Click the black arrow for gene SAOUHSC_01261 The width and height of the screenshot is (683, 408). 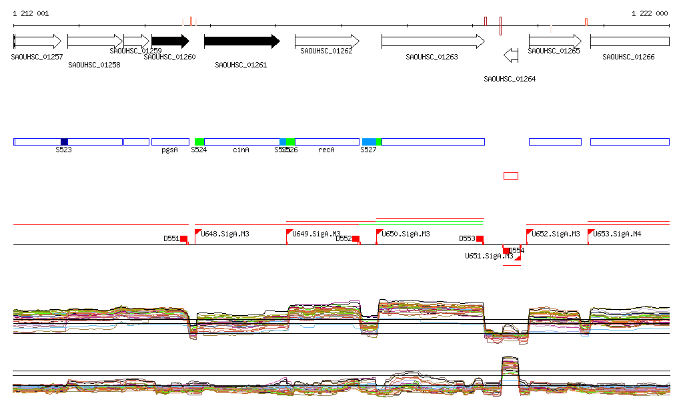(x=241, y=41)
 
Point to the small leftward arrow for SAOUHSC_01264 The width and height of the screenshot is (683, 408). (x=511, y=54)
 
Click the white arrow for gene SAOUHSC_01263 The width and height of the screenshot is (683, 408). (x=433, y=41)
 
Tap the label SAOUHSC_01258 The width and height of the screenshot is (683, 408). (x=94, y=65)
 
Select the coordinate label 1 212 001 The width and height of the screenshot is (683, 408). (x=30, y=13)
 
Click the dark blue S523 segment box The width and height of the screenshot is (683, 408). (x=64, y=142)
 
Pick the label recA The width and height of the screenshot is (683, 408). (x=326, y=150)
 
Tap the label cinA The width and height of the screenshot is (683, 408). (x=241, y=150)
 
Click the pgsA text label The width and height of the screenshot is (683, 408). (x=169, y=150)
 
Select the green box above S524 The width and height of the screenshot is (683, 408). (x=199, y=142)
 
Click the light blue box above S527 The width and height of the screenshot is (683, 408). (x=369, y=142)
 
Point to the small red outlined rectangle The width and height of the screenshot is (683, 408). (x=510, y=176)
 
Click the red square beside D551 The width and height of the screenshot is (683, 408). (x=184, y=238)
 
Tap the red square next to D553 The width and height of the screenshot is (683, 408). (x=480, y=238)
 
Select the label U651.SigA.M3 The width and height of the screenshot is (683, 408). (x=489, y=256)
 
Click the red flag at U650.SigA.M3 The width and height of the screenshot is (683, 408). (x=379, y=232)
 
